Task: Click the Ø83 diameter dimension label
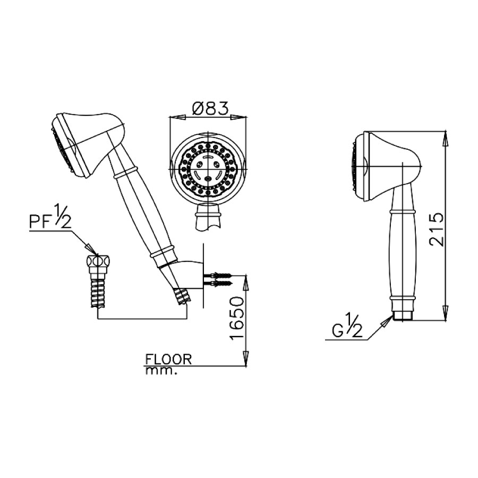(x=209, y=109)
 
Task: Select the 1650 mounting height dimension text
(x=237, y=319)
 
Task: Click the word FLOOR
(x=167, y=359)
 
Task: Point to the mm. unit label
(x=159, y=371)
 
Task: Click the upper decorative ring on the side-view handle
(x=403, y=211)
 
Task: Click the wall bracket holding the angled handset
(x=194, y=274)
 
